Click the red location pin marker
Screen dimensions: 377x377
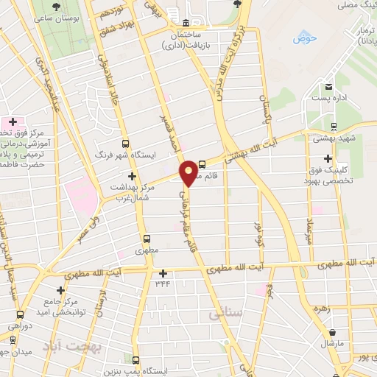pos(189,172)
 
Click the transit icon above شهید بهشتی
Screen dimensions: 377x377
pos(335,126)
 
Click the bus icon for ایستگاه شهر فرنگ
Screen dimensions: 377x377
pos(124,144)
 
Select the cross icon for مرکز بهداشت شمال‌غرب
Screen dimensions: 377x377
pos(133,176)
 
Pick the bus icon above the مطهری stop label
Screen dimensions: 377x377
pos(147,239)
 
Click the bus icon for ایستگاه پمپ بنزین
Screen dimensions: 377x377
pos(136,360)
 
